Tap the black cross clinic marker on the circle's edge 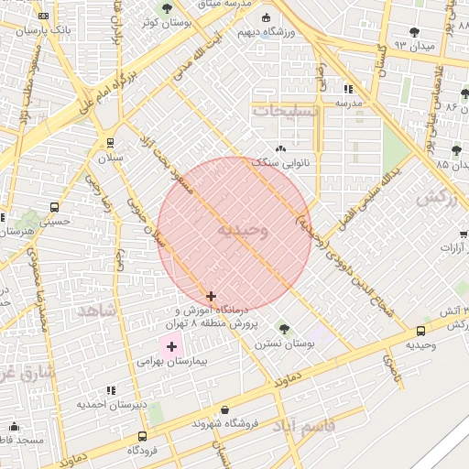click(x=212, y=296)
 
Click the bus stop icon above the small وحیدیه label click(x=420, y=331)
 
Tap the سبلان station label click(x=110, y=158)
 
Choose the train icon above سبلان click(x=110, y=143)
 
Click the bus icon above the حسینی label click(x=54, y=207)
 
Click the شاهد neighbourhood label click(x=97, y=311)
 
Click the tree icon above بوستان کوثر click(x=166, y=8)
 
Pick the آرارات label click(x=453, y=247)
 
